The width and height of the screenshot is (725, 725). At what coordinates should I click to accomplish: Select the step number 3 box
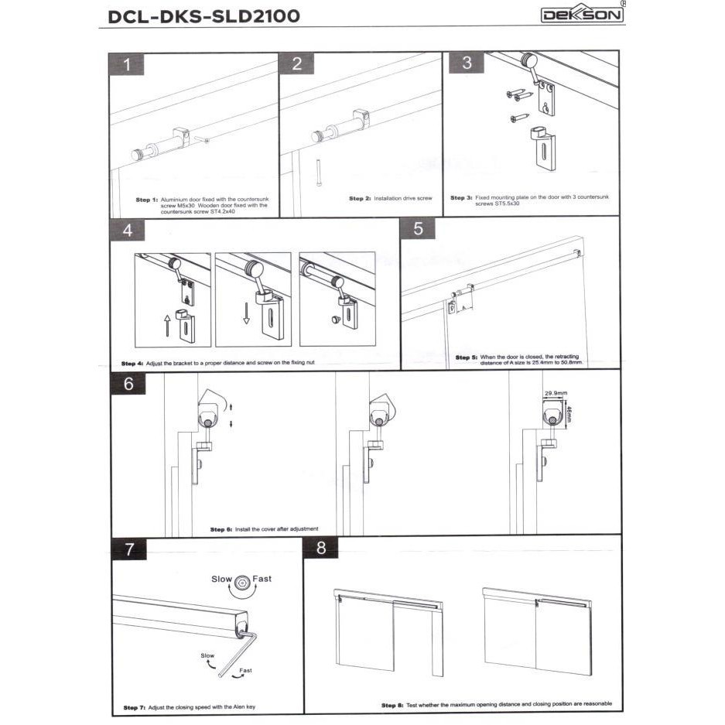[467, 63]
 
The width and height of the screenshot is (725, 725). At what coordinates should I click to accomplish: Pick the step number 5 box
[419, 228]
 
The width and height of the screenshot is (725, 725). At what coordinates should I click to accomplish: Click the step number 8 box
[321, 549]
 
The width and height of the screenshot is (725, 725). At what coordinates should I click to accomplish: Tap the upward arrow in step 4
[167, 323]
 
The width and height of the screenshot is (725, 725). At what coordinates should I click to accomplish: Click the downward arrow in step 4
[246, 313]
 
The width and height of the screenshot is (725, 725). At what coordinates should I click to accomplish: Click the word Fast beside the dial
[262, 579]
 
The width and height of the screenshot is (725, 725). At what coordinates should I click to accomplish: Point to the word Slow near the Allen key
[207, 655]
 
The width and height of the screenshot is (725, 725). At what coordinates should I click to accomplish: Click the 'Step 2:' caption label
[360, 199]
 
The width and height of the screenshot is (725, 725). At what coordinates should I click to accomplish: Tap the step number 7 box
[129, 549]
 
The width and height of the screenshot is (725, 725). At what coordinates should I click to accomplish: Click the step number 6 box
[128, 383]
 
